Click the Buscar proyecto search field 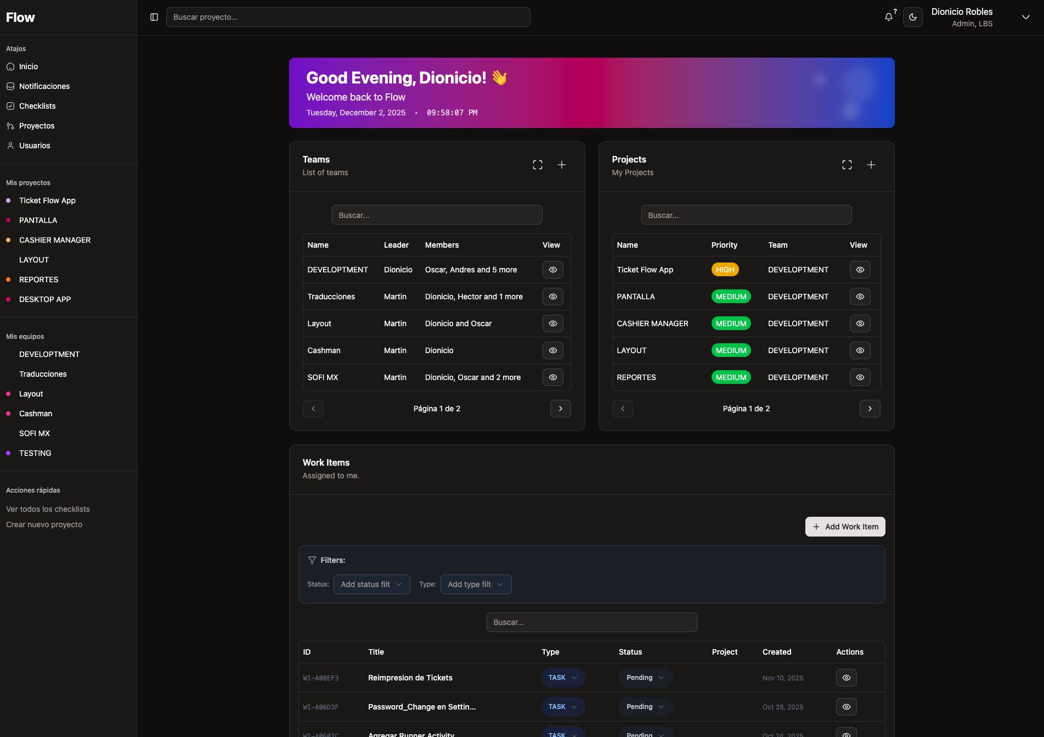pyautogui.click(x=348, y=17)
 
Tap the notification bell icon pyautogui.click(x=888, y=17)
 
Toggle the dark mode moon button pyautogui.click(x=913, y=17)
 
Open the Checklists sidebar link pyautogui.click(x=37, y=106)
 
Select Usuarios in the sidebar pyautogui.click(x=35, y=146)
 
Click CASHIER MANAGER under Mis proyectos pyautogui.click(x=55, y=240)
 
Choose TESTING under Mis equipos pyautogui.click(x=35, y=453)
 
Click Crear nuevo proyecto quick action pyautogui.click(x=44, y=524)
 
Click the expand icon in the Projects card pyautogui.click(x=847, y=165)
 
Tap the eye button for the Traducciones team pyautogui.click(x=552, y=297)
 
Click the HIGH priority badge pyautogui.click(x=725, y=270)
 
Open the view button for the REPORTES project pyautogui.click(x=860, y=377)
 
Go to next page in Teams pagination pyautogui.click(x=560, y=409)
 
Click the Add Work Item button pyautogui.click(x=845, y=527)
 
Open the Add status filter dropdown pyautogui.click(x=371, y=584)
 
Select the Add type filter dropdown pyautogui.click(x=476, y=584)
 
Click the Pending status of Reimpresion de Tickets pyautogui.click(x=645, y=678)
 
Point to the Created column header pyautogui.click(x=776, y=652)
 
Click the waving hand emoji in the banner pyautogui.click(x=499, y=77)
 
